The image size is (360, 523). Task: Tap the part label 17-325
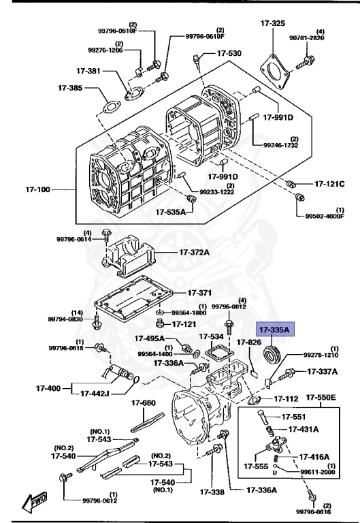pos(273,23)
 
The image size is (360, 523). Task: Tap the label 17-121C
pos(329,184)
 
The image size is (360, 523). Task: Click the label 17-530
pos(229,53)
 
